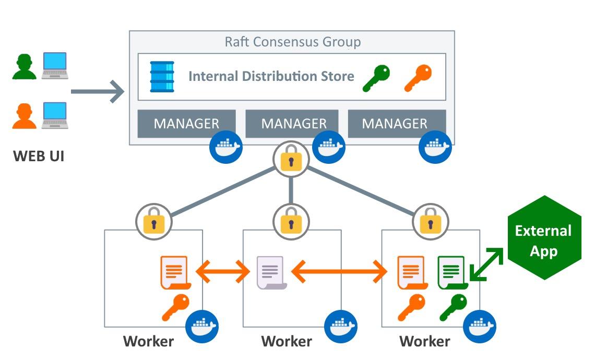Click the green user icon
[x=25, y=67]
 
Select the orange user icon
[x=25, y=116]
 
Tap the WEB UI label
[x=39, y=157]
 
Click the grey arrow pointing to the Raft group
[x=98, y=91]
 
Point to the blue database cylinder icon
[x=162, y=77]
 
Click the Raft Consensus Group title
[x=293, y=42]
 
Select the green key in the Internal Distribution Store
[x=376, y=78]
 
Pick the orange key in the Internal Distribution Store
[x=418, y=78]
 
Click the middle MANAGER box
[x=292, y=124]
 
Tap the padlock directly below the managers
[x=291, y=159]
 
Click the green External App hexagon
[x=544, y=238]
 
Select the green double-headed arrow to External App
[x=486, y=265]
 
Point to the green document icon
[x=453, y=273]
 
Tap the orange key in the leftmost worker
[x=176, y=308]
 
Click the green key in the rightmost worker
[x=454, y=308]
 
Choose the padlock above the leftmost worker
[x=153, y=222]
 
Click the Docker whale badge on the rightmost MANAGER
[x=435, y=147]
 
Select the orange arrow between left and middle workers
[x=223, y=271]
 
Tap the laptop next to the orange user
[x=55, y=115]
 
